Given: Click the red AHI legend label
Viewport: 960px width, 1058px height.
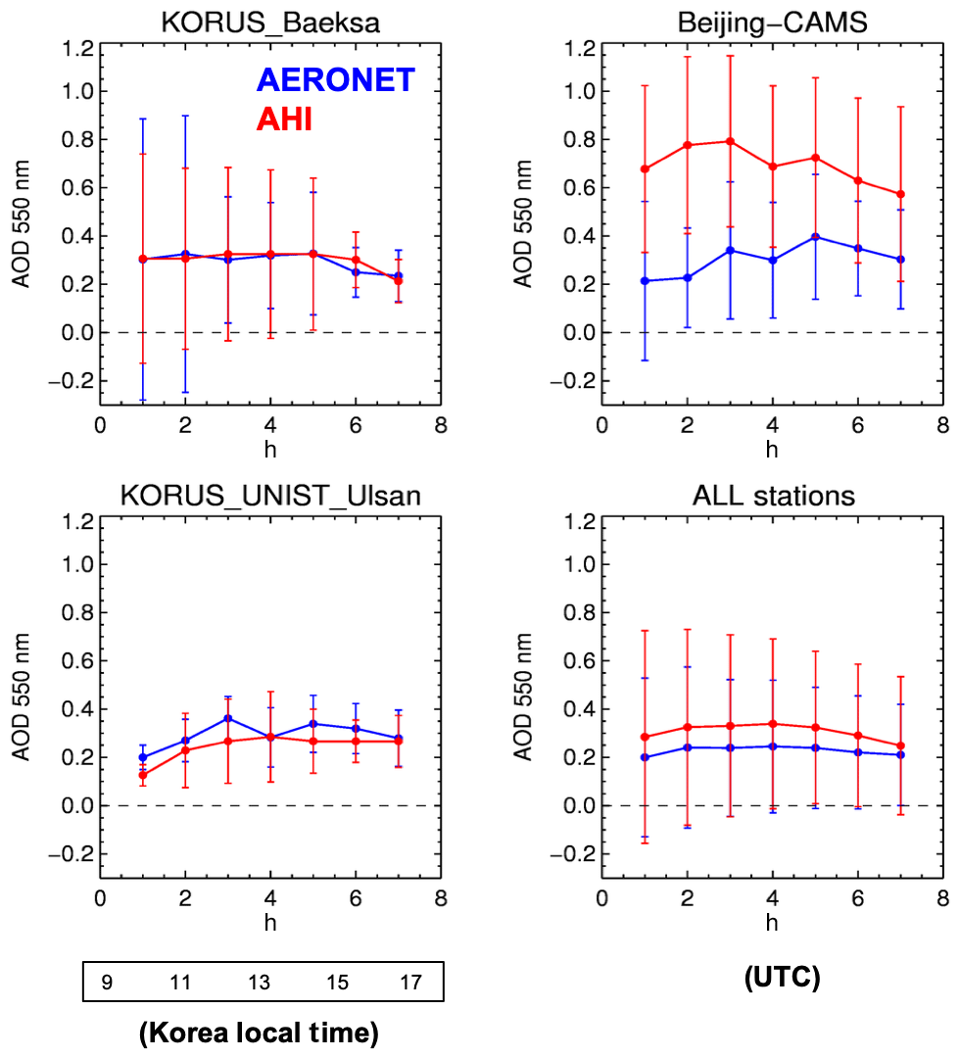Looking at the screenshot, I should click(283, 120).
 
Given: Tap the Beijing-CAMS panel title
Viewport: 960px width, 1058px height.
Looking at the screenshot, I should click(772, 22).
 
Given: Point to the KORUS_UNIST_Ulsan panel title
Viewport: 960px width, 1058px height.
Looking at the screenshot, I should click(270, 496).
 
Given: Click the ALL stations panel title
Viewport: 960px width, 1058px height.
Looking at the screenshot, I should click(772, 496).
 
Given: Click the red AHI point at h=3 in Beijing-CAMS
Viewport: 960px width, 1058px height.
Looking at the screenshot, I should click(730, 141).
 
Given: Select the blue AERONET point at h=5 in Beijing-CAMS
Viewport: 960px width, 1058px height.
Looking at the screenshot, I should click(815, 237).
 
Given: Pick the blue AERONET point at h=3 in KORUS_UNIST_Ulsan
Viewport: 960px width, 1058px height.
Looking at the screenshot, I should click(227, 718).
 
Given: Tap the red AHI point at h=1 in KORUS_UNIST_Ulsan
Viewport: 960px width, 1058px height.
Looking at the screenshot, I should click(142, 775).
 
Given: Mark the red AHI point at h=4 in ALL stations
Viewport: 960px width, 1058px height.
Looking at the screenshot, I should click(773, 724).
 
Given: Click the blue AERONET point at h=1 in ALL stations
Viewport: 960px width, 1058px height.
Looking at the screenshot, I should click(645, 757).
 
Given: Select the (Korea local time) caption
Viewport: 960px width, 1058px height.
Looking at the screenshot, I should click(259, 1034).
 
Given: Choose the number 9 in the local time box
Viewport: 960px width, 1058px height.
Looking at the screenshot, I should click(105, 982).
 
